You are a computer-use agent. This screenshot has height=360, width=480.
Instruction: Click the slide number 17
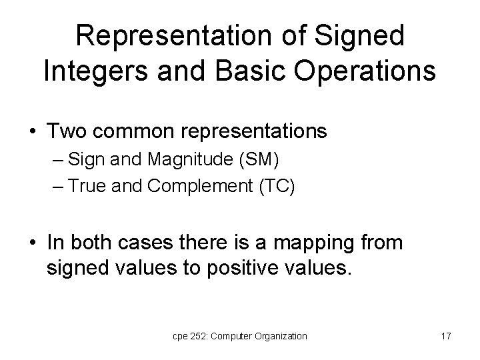point(445,337)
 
